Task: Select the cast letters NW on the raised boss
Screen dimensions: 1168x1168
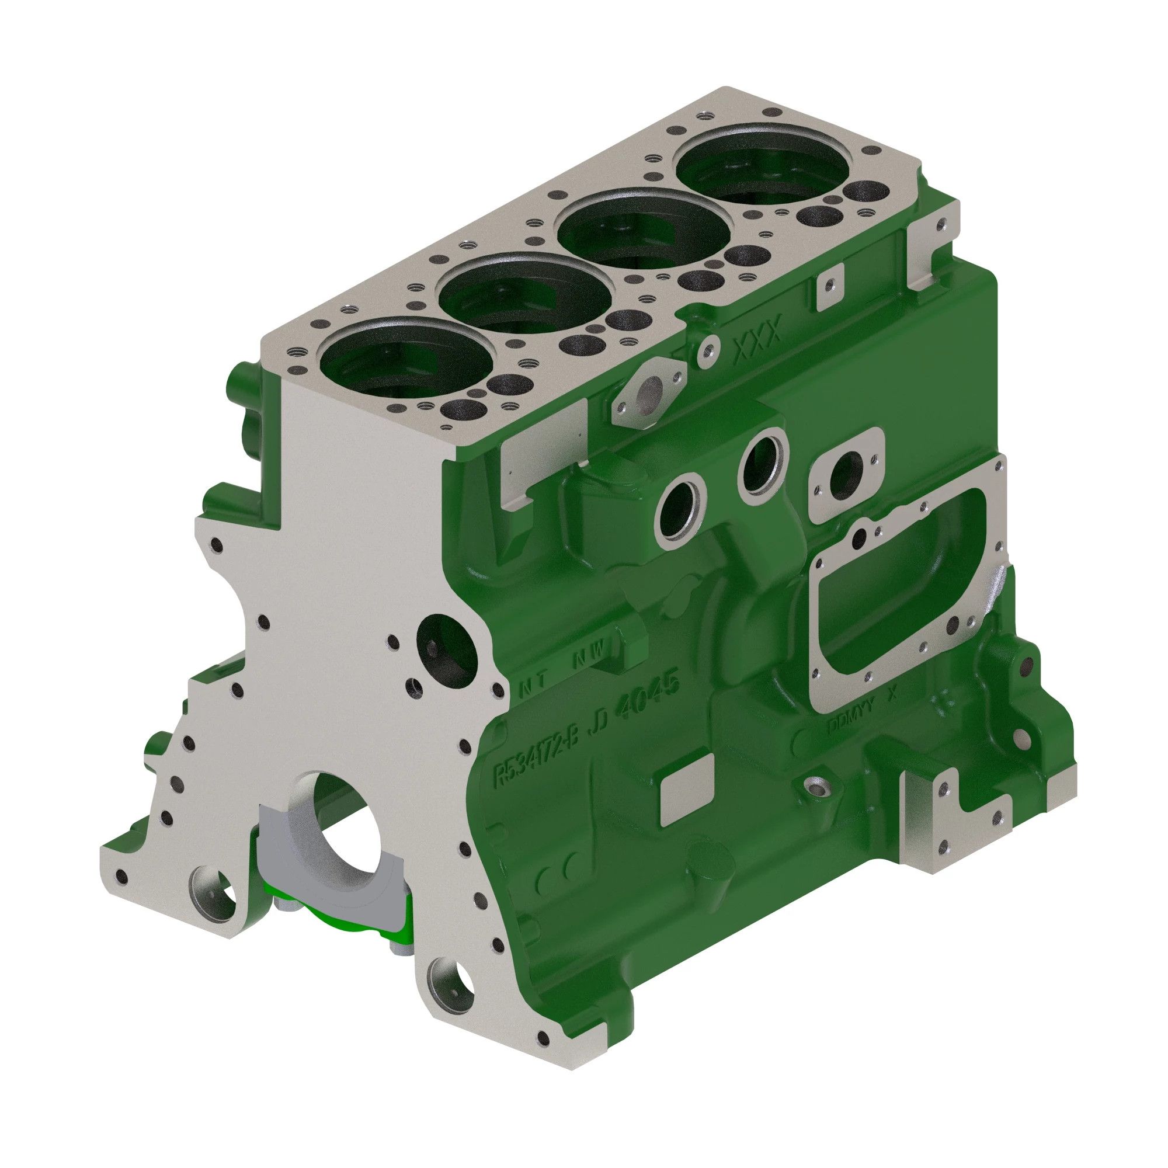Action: point(588,655)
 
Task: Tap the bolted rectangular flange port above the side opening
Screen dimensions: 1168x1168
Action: point(846,475)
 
